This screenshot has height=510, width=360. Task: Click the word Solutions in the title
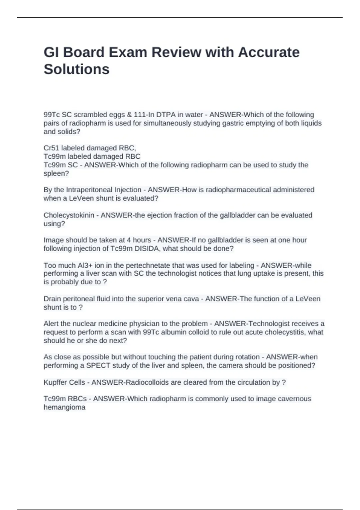76,69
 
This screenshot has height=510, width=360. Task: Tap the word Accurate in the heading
269,52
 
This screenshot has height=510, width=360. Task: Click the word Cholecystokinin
69,215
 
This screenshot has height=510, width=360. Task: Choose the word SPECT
96,365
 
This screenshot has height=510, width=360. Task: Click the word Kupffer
56,382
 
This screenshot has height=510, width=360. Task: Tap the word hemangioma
64,407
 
